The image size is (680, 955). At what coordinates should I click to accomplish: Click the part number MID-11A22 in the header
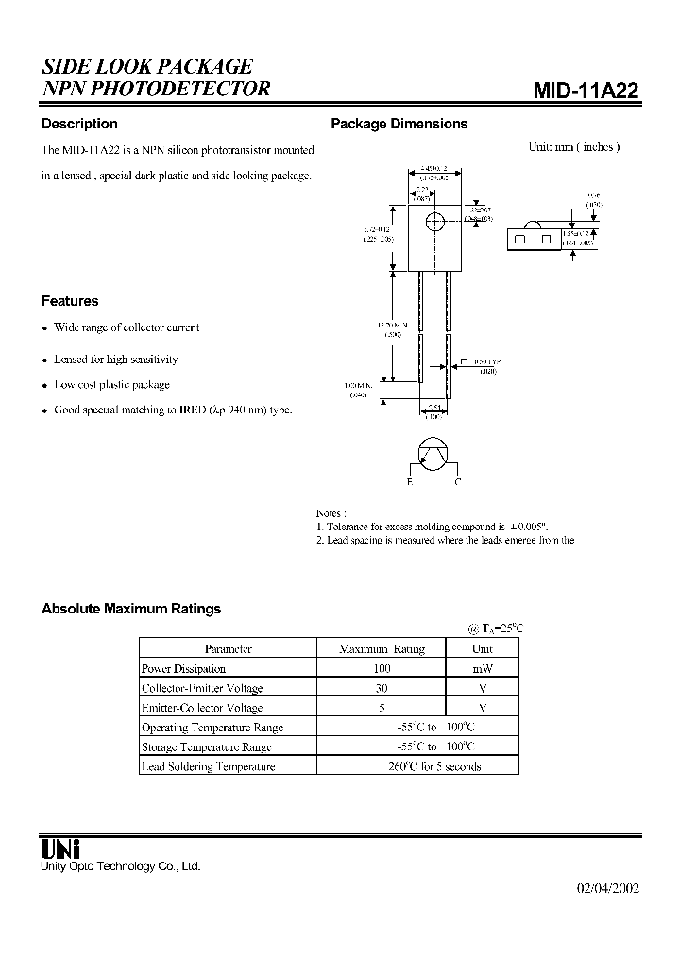point(586,91)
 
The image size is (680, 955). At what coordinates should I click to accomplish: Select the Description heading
point(79,124)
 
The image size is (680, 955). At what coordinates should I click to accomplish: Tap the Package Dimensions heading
point(399,124)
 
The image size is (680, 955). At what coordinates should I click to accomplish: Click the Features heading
point(70,301)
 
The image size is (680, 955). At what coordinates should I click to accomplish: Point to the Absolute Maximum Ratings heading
point(131,609)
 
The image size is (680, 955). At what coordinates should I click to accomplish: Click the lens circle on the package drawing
point(434,223)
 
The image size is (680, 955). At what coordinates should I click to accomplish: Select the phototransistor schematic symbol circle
point(433,457)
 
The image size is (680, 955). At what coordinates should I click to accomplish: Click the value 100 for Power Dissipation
point(382,668)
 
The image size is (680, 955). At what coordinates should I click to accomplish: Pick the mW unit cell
point(482,668)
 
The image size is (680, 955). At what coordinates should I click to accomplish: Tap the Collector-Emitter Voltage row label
point(201,688)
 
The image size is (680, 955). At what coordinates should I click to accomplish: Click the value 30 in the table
point(382,688)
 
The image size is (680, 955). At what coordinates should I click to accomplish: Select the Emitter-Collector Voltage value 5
point(382,708)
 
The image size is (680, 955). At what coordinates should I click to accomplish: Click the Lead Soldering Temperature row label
point(208,766)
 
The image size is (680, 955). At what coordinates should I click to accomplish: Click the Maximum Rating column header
point(382,648)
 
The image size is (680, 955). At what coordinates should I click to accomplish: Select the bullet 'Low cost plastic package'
point(111,385)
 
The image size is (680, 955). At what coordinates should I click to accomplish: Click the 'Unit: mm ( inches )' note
point(574,147)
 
